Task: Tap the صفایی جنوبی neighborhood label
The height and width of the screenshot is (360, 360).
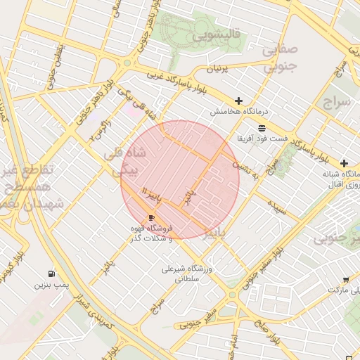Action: (x=281, y=58)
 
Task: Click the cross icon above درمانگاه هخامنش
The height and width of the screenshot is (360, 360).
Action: (x=239, y=101)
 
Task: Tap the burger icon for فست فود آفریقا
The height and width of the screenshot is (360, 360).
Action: (x=262, y=128)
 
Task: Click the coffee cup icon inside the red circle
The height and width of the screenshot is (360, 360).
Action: (x=151, y=218)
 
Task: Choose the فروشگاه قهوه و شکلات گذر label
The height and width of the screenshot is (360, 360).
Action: (x=151, y=233)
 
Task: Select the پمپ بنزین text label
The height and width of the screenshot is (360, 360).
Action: (x=51, y=285)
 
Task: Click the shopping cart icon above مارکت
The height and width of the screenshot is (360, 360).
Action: (x=345, y=278)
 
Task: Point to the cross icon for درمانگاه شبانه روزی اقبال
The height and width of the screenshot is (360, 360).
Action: (x=345, y=162)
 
